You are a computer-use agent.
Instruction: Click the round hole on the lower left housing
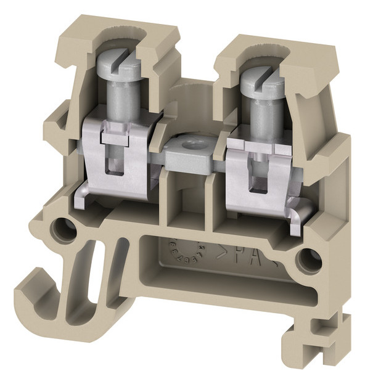62,229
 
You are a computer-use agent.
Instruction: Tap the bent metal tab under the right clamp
297,213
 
